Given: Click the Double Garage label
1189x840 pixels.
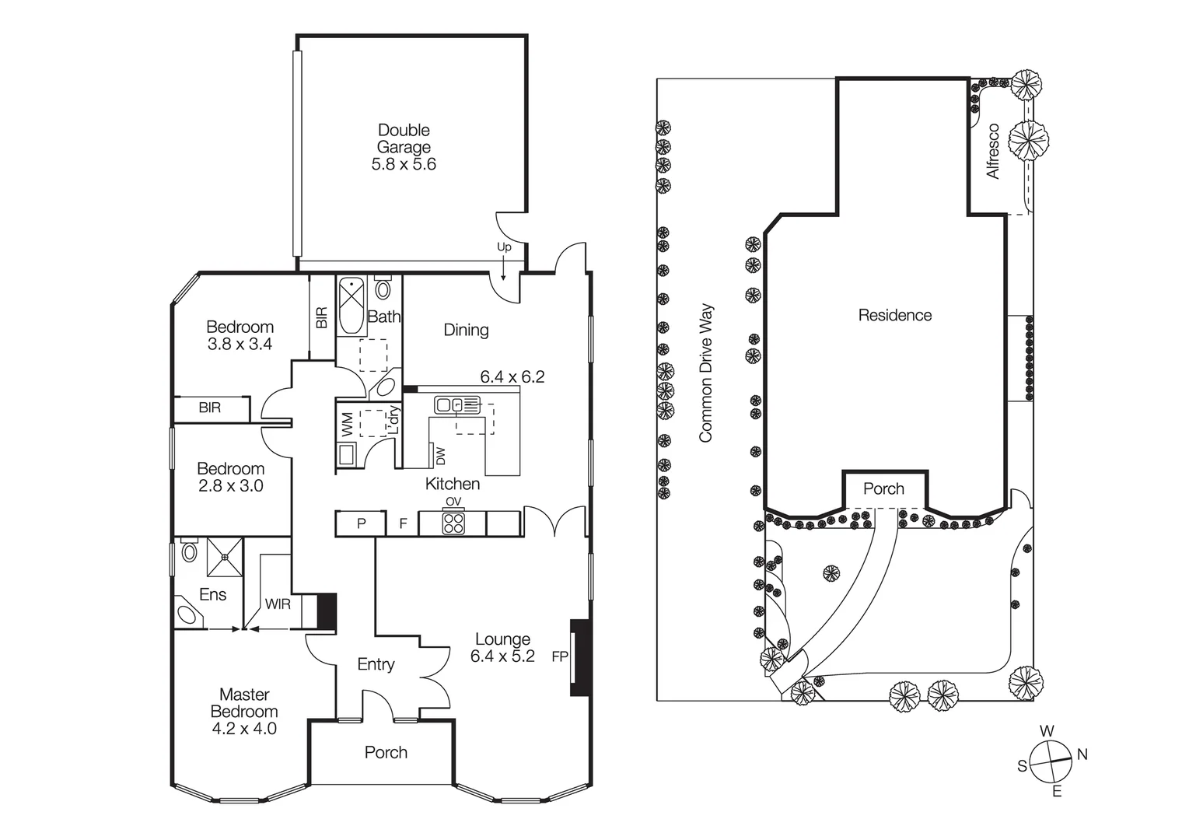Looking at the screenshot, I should pyautogui.click(x=404, y=138).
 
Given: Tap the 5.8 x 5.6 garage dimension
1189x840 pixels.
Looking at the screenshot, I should pyautogui.click(x=404, y=164).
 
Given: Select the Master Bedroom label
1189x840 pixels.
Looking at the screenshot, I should pyautogui.click(x=244, y=703).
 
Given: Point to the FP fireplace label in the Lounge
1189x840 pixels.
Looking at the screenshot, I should pyautogui.click(x=560, y=656).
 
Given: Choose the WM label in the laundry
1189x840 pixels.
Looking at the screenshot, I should pyautogui.click(x=348, y=424).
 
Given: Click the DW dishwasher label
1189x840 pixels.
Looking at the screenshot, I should pyautogui.click(x=439, y=455).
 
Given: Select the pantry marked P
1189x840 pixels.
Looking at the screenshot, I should pyautogui.click(x=361, y=523).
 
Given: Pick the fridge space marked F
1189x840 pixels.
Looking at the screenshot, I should pyautogui.click(x=403, y=523).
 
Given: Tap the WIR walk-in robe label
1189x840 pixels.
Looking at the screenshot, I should pyautogui.click(x=278, y=604).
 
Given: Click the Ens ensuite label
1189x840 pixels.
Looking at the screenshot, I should pyautogui.click(x=212, y=595).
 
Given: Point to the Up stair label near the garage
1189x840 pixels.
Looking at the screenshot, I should pyautogui.click(x=504, y=247).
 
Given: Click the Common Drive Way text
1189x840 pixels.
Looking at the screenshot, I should pyautogui.click(x=705, y=373).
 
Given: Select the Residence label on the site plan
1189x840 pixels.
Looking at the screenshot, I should pyautogui.click(x=894, y=315).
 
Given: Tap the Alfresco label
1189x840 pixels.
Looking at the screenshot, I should pyautogui.click(x=993, y=151).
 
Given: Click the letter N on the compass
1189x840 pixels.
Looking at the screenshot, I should pyautogui.click(x=1082, y=754).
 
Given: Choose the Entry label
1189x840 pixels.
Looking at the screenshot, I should pyautogui.click(x=376, y=664).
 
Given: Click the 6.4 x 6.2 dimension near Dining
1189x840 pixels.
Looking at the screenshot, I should pyautogui.click(x=512, y=377).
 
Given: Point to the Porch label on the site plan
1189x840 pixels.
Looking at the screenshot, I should pyautogui.click(x=883, y=488).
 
